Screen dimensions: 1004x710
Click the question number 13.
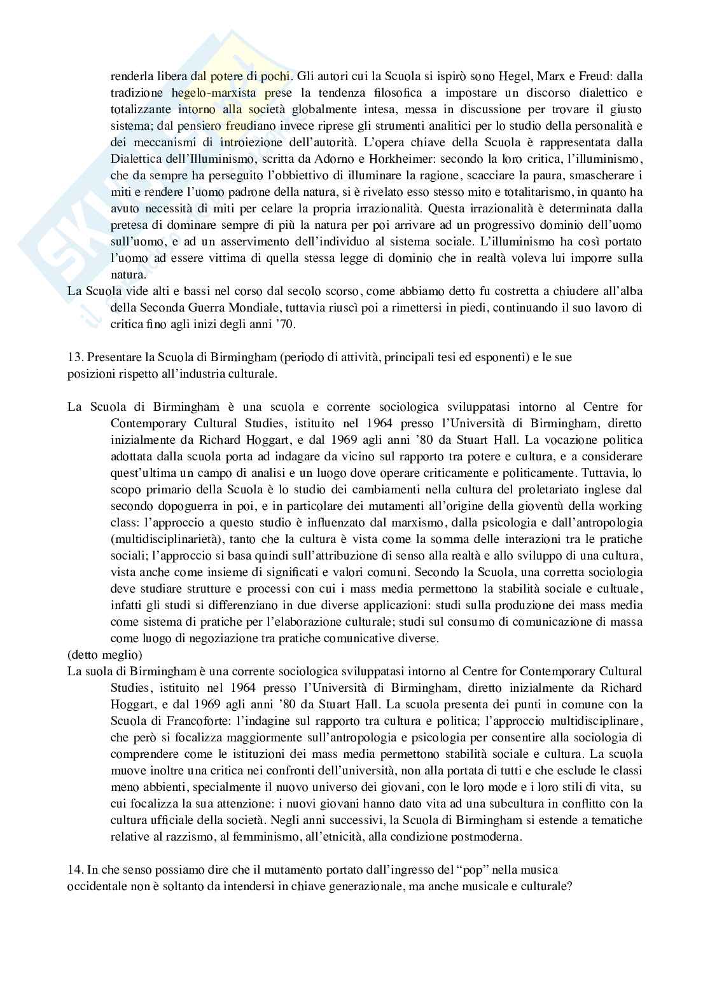click(x=74, y=357)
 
